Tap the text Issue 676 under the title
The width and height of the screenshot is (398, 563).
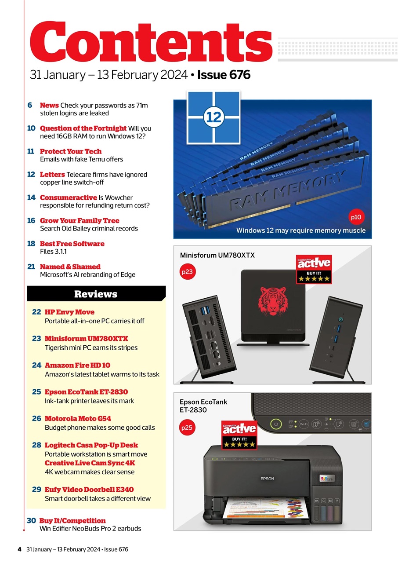pos(224,75)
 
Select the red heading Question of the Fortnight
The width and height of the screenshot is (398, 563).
pos(83,128)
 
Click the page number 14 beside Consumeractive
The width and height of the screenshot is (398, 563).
pos(31,197)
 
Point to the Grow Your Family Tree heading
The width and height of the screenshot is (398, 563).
pos(80,220)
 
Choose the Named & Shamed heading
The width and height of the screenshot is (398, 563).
pos(70,267)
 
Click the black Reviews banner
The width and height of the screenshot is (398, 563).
pos(96,294)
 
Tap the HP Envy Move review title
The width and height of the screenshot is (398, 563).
pos(69,312)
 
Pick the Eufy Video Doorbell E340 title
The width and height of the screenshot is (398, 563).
pos(89,490)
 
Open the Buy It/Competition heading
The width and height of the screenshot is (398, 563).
pos(72,520)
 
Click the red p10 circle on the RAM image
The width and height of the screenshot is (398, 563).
pos(356,217)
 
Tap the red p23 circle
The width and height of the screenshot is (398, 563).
pos(187,272)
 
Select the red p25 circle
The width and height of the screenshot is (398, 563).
pos(187,427)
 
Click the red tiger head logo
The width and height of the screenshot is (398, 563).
pos(272,301)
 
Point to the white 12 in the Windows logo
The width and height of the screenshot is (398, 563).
pos(214,117)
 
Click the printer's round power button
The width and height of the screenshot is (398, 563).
pos(275,425)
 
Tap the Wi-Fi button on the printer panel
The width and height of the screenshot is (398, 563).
pos(303,424)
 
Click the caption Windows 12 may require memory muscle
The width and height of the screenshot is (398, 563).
pos(301,230)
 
